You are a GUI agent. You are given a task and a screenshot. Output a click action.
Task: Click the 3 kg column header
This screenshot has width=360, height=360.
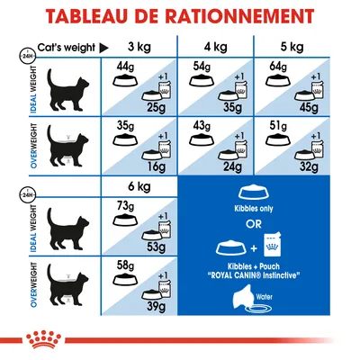pyautogui.click(x=139, y=46)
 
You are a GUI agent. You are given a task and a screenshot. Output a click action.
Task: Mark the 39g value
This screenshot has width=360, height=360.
pyautogui.click(x=155, y=310)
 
